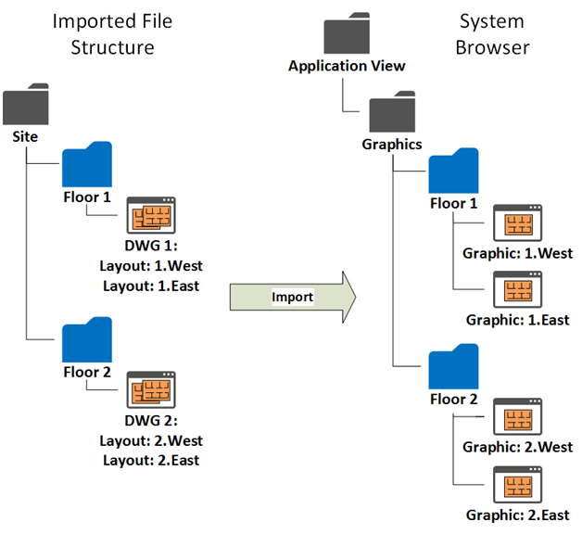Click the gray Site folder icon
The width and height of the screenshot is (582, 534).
(x=25, y=106)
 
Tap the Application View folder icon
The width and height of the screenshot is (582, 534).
(x=347, y=36)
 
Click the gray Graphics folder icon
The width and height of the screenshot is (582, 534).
(x=392, y=114)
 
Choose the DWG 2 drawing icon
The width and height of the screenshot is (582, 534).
(x=150, y=390)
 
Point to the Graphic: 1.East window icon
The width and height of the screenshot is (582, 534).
(x=517, y=290)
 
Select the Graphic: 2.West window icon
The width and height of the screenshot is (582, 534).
(x=517, y=416)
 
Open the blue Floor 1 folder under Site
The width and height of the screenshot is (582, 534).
(x=86, y=165)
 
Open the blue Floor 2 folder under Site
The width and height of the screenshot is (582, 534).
(x=86, y=340)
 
